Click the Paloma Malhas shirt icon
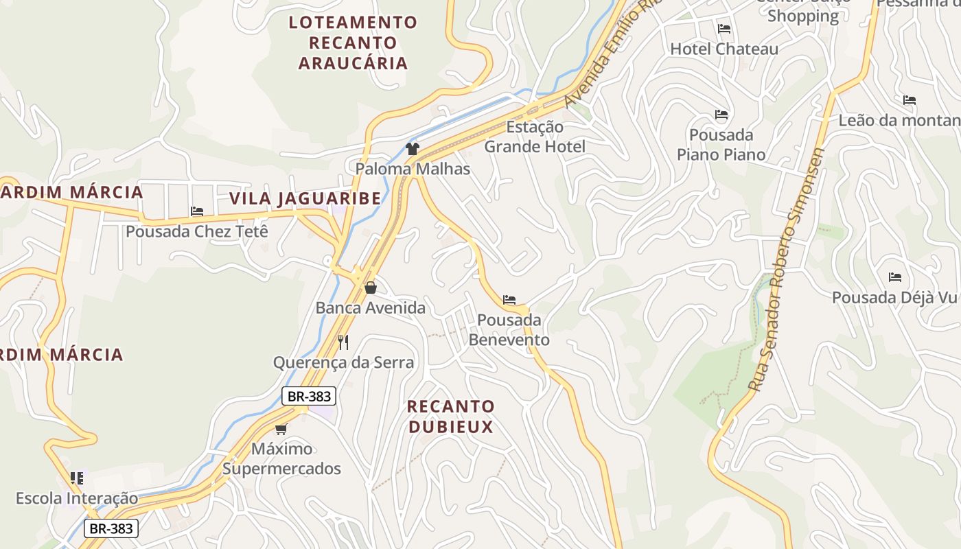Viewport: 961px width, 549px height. (x=412, y=148)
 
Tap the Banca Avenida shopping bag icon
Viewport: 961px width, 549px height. (x=371, y=288)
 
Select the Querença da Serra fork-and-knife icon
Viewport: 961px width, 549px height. (x=343, y=342)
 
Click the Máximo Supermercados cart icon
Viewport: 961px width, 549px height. (x=281, y=430)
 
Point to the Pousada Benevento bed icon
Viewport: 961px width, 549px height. (x=509, y=300)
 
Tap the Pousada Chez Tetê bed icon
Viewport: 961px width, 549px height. (x=197, y=211)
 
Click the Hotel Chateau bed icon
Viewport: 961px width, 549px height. (x=723, y=29)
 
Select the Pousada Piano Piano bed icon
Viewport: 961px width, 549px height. (x=721, y=115)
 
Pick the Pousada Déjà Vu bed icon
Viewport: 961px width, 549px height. (x=894, y=277)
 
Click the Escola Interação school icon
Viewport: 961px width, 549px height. (x=77, y=478)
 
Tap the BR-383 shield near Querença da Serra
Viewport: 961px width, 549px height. (x=309, y=396)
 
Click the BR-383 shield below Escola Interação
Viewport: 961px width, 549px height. (x=111, y=528)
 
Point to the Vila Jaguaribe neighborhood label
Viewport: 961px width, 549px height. (x=305, y=199)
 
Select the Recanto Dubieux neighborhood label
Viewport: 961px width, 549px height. (x=450, y=417)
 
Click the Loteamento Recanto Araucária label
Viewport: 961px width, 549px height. (x=353, y=43)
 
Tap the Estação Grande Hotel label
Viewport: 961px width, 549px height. (x=535, y=137)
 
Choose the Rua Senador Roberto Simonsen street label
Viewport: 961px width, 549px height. (x=787, y=270)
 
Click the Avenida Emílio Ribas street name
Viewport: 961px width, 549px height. (x=610, y=55)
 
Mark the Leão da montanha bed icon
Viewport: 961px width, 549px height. (x=910, y=100)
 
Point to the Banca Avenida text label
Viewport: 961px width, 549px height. (x=371, y=308)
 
